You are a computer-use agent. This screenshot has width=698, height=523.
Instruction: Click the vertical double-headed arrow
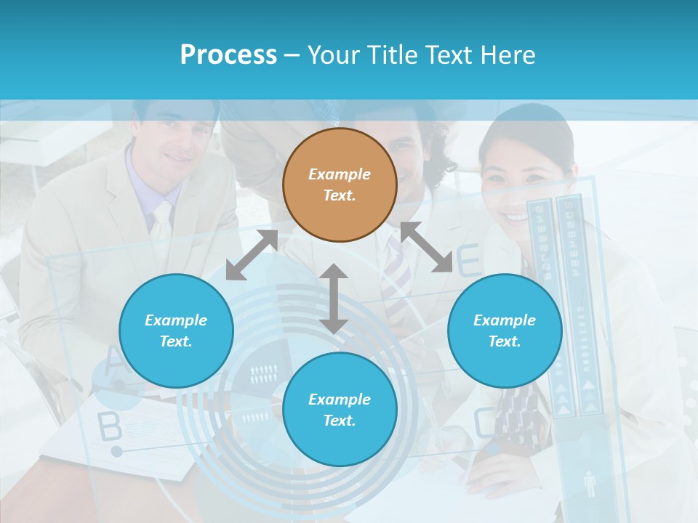coord(334,299)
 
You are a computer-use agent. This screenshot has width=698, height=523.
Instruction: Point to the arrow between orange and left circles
coord(252,255)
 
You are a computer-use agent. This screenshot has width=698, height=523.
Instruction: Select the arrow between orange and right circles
coord(426,247)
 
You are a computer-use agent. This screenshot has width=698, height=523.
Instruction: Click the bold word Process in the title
coord(228,54)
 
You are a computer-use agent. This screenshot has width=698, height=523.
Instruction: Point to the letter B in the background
coord(110,428)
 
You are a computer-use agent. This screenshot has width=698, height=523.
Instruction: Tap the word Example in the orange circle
coord(340,174)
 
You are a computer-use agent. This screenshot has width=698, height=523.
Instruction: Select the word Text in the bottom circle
coord(339,421)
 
